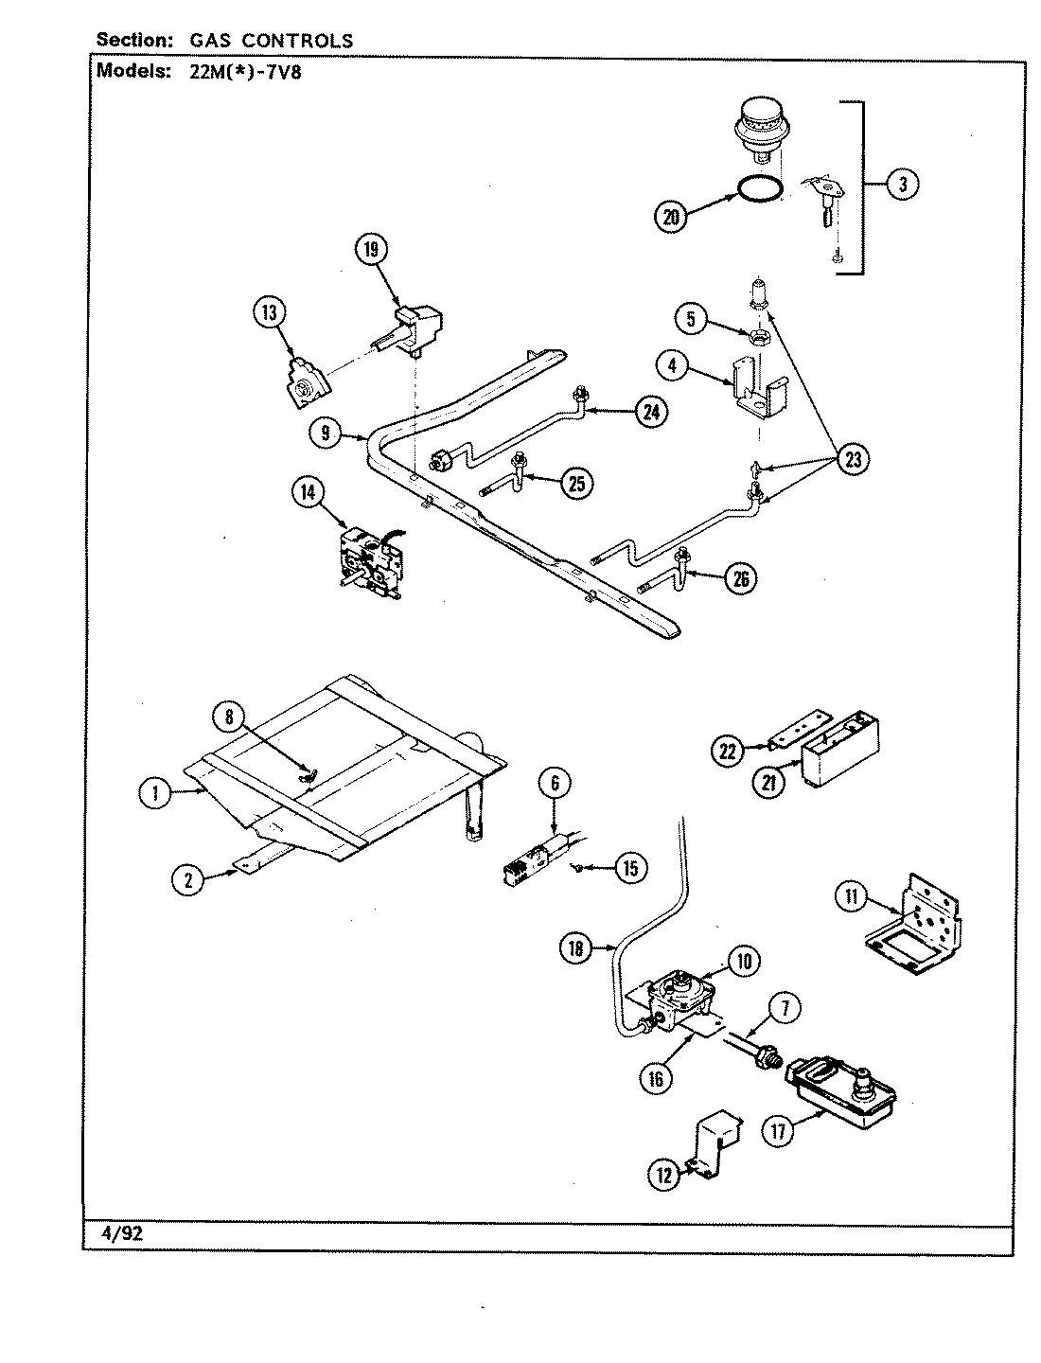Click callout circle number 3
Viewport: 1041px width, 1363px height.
pyautogui.click(x=902, y=186)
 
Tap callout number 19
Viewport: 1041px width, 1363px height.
pyautogui.click(x=371, y=250)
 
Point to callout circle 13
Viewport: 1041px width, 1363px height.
pyautogui.click(x=269, y=312)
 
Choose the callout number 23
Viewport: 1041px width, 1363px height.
pyautogui.click(x=854, y=460)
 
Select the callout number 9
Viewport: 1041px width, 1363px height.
pyautogui.click(x=325, y=434)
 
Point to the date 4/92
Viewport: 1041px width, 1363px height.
pyautogui.click(x=122, y=1234)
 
